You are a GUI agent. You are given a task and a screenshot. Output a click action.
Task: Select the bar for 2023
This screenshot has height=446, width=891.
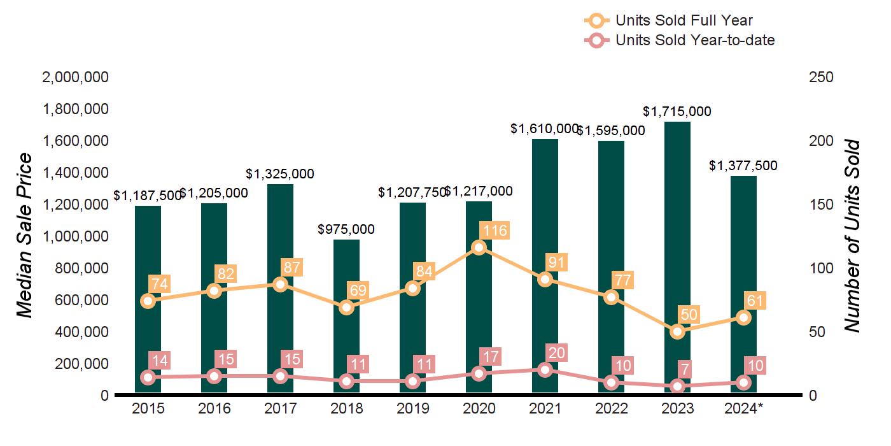677,223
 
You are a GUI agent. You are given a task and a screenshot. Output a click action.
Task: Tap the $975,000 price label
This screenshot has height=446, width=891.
346,229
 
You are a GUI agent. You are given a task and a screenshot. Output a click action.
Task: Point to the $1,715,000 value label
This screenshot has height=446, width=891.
677,111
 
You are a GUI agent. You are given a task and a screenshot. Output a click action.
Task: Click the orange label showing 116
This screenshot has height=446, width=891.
495,230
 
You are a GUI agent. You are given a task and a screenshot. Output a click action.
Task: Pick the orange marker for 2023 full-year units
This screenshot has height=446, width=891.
677,331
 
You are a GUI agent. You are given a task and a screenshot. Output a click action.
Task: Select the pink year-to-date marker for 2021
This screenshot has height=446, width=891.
545,370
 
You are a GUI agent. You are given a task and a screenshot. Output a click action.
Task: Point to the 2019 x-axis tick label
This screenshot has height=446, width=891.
412,408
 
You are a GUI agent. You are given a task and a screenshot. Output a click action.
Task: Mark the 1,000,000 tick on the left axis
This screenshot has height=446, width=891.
75,236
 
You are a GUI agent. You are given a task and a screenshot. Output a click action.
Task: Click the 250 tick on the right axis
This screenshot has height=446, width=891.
821,77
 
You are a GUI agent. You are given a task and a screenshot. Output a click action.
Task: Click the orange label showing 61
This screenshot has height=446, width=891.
756,301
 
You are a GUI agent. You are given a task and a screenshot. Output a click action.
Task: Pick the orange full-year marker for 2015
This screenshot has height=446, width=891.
148,301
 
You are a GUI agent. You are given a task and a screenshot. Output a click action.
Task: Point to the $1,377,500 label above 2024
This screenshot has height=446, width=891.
743,166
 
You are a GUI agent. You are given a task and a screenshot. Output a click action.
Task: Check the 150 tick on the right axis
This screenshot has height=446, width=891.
821,205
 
